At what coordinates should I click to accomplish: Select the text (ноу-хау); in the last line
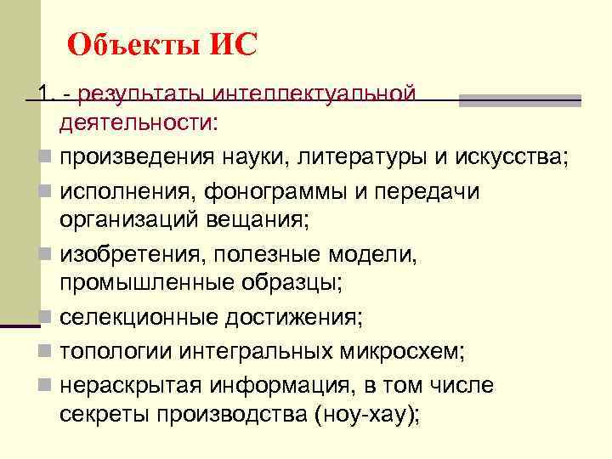[x=367, y=415]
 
